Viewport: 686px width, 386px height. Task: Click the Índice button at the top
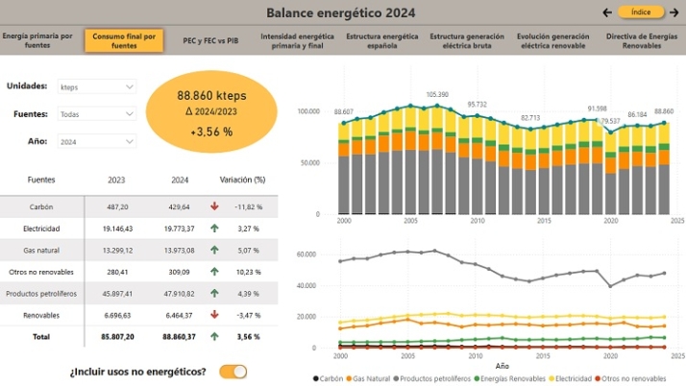coord(641,12)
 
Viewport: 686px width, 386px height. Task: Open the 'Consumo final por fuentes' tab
coord(124,40)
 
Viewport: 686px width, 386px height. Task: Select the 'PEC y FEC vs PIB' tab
coord(210,40)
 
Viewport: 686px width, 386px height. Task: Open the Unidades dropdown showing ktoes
coord(97,86)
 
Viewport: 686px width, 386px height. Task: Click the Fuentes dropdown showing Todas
coord(97,113)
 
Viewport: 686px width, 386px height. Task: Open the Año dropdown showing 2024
coord(97,141)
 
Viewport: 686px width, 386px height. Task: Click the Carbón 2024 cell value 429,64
coord(180,206)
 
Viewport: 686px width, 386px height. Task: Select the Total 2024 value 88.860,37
coord(176,337)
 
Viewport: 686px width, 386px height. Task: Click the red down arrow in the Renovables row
coord(215,315)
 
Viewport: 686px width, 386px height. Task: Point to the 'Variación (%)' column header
coord(242,180)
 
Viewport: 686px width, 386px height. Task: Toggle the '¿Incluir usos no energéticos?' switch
coord(233,371)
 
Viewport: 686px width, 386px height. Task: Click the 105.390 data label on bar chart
coord(437,94)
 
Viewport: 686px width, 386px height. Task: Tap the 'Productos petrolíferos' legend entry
coord(434,379)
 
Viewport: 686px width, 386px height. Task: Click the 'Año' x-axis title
coord(502,366)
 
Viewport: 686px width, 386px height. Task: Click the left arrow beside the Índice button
coord(606,12)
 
